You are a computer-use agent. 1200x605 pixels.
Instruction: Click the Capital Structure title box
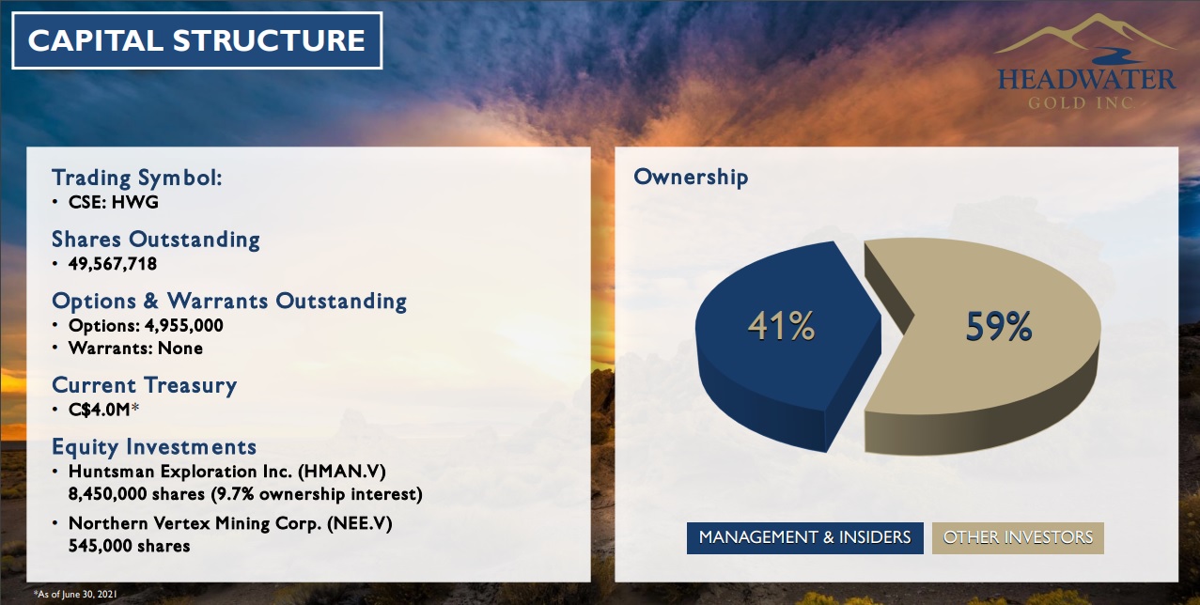196,40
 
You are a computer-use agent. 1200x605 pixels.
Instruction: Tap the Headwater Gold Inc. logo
1086,63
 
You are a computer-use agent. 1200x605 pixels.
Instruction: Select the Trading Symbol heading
136,178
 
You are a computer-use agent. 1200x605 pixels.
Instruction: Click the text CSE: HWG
113,202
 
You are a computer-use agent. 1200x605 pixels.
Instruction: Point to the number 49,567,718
113,264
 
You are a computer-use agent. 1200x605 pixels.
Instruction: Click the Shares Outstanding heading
155,240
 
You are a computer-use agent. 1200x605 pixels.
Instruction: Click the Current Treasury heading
144,385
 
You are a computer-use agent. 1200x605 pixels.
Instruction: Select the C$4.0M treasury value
100,410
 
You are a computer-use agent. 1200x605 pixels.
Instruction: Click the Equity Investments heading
154,447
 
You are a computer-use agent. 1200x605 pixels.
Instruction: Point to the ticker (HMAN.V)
342,472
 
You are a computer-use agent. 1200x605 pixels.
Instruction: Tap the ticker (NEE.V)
360,523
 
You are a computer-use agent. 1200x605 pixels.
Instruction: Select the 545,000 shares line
129,546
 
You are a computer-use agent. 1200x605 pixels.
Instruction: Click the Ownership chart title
691,178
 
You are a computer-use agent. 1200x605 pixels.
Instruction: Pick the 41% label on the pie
781,326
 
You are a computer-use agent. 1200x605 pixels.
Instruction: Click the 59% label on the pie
999,326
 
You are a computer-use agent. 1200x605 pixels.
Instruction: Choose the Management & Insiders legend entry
804,537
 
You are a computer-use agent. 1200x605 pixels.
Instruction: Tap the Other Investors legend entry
1018,537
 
